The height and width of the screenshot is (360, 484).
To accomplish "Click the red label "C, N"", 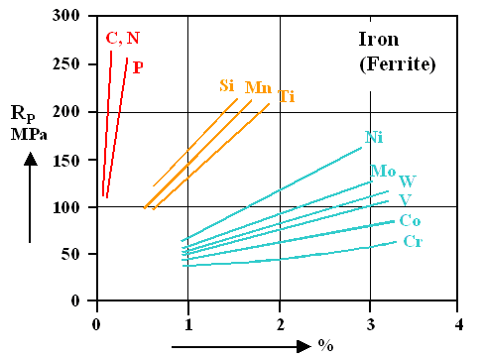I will (x=122, y=39).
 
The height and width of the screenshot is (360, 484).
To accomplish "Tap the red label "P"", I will (x=138, y=67).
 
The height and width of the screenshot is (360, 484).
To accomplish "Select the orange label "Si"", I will (x=227, y=86).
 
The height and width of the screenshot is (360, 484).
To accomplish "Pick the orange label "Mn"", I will (x=258, y=87).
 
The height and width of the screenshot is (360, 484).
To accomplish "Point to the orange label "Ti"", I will (x=287, y=96).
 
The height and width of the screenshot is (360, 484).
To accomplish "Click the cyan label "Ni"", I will (x=374, y=137).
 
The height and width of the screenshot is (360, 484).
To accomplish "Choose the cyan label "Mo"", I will (x=383, y=172).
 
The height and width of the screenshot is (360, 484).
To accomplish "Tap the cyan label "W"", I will (x=407, y=181).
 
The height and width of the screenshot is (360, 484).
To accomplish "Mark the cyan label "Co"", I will (x=410, y=220).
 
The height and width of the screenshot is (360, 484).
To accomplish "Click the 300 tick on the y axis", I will (x=67, y=17).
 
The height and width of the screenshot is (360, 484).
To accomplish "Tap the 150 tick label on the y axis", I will (x=67, y=159).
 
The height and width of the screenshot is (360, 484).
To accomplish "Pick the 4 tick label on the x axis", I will (x=458, y=324).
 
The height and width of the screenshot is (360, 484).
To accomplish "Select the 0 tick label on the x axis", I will (x=96, y=324).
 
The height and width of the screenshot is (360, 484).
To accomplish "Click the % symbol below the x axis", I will (x=324, y=346).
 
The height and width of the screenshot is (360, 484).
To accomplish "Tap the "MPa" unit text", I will (x=30, y=134).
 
